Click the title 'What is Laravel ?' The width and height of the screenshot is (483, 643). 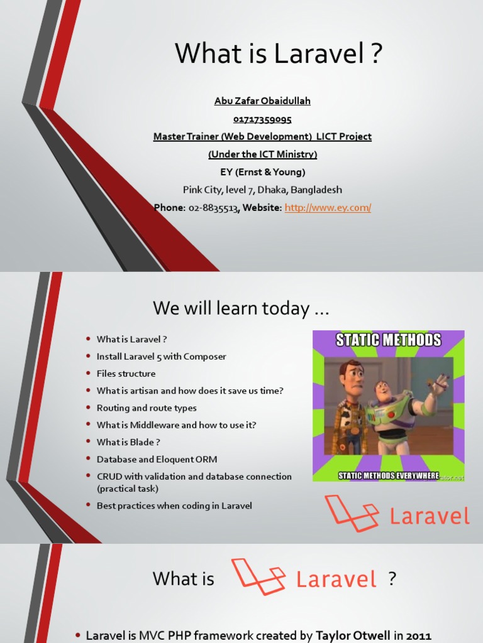279,54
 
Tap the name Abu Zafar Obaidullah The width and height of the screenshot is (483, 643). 262,101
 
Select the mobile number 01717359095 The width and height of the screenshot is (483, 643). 262,119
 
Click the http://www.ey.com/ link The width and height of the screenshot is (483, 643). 328,207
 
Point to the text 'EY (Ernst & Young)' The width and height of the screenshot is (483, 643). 262,172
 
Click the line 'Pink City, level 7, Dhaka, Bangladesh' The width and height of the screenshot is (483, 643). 262,190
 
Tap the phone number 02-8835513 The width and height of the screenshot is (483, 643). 213,207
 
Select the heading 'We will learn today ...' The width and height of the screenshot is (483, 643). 241,309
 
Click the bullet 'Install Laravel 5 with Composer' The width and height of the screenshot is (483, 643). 161,357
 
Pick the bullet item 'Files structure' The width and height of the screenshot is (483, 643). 126,374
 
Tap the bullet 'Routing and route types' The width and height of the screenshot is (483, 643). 147,408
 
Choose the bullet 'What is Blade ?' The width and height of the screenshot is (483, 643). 128,442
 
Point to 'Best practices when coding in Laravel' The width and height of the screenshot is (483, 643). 174,505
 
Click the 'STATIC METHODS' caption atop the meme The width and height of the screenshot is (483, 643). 388,341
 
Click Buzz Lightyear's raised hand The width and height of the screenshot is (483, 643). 442,381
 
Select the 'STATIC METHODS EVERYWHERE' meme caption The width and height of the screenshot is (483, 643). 388,475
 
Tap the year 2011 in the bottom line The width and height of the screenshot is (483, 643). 418,635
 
